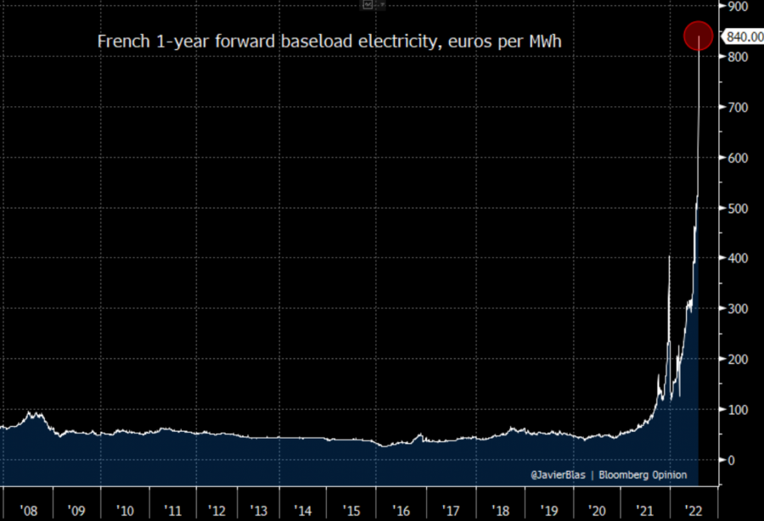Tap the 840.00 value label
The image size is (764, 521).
pos(742,36)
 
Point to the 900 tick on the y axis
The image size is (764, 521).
pos(737,7)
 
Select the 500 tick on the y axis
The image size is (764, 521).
pos(737,208)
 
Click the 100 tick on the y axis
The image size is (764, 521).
pos(737,410)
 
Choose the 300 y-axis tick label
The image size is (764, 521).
pos(737,309)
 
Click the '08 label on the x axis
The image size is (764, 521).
pos(28,512)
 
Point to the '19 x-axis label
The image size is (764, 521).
pos(548,512)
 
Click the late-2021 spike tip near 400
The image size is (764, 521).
pos(669,255)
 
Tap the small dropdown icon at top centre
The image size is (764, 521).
pos(368,4)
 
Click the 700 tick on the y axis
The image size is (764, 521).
pos(737,108)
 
